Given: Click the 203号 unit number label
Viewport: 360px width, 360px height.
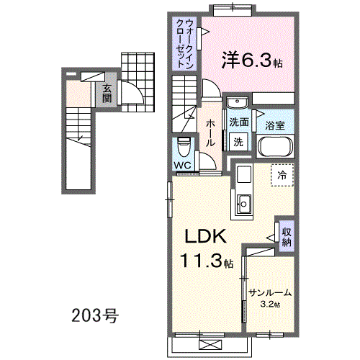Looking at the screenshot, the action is [95, 315].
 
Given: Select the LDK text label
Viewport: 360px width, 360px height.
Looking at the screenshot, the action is [205, 236].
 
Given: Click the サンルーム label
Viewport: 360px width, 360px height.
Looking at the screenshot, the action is [270, 293].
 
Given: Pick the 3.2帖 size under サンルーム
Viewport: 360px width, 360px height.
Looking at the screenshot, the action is [270, 305].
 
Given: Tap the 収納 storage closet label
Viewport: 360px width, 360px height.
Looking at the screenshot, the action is [287, 237].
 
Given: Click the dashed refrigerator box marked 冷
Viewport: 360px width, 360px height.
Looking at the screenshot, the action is [282, 175].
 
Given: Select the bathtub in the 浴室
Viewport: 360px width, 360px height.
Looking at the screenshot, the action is [275, 146].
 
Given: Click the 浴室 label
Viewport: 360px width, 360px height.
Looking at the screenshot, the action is [275, 125].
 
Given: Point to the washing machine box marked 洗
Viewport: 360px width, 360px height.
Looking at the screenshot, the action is [238, 142].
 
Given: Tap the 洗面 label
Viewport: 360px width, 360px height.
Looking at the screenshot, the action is [238, 122].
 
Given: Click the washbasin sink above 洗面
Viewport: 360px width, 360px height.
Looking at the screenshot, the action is [237, 102].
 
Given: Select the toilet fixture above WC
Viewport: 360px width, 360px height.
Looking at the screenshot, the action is [184, 146].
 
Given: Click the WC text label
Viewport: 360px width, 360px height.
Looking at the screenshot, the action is [183, 165].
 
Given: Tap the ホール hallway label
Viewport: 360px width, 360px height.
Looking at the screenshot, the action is [210, 133].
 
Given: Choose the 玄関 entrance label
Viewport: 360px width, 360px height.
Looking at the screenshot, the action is [107, 94].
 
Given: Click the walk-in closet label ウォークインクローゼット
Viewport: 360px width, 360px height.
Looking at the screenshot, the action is [184, 43].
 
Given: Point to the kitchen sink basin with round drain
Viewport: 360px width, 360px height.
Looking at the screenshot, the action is [244, 204].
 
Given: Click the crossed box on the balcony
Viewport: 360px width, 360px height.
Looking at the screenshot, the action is [210, 346].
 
